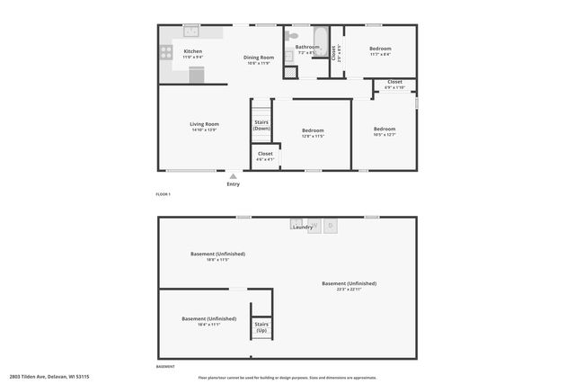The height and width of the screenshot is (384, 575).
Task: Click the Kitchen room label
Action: [x=193, y=51]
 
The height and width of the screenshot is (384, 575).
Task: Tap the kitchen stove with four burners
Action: [x=164, y=54]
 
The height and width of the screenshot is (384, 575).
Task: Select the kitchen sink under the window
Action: [x=190, y=32]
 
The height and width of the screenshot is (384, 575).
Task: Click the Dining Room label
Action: [x=258, y=58]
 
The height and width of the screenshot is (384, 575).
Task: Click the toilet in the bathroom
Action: [x=293, y=37]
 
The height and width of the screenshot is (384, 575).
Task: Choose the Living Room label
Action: [x=204, y=124]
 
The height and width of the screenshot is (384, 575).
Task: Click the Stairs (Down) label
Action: [x=261, y=125]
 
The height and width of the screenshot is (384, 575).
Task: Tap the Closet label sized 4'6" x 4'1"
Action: [x=265, y=154]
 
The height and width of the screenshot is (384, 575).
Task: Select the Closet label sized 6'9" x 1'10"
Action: [x=394, y=82]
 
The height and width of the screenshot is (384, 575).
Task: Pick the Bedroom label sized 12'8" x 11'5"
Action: [x=313, y=130]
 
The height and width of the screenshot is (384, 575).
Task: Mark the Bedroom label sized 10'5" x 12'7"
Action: [x=385, y=129]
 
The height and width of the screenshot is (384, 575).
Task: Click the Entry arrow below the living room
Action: [x=234, y=176]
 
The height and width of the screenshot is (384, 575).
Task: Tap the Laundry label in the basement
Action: [x=303, y=228]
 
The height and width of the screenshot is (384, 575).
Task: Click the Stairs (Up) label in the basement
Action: [x=261, y=327]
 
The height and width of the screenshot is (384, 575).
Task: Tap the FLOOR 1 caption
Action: [x=164, y=194]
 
